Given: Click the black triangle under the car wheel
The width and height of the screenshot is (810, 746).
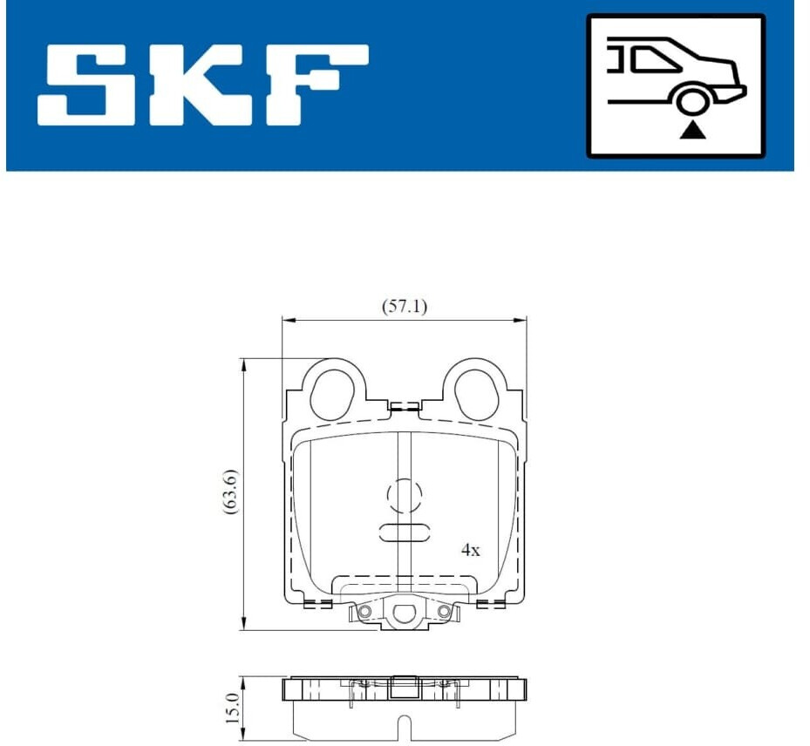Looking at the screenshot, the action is coord(692,131).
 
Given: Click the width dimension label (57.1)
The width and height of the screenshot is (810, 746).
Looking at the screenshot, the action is coord(405,307).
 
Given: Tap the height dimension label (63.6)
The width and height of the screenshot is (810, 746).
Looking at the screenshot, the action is coord(230,492).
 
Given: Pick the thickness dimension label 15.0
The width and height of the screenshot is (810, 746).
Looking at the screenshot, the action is coord(232,709).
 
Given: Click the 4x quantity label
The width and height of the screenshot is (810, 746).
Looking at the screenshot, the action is coord(470,550).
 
